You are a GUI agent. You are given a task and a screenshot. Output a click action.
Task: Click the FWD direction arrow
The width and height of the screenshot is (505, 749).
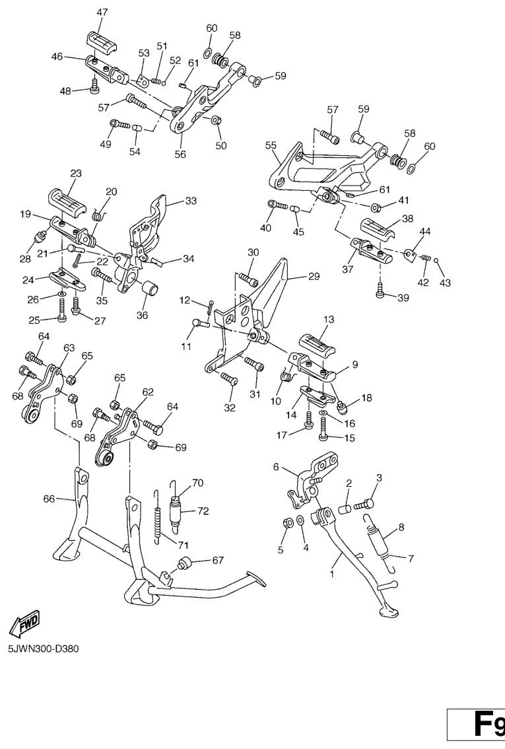pos(24,624)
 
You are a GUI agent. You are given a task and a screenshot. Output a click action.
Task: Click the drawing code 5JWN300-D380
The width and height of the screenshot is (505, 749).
pos(44,649)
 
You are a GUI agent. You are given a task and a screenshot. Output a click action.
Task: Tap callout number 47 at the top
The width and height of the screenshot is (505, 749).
pos(102,13)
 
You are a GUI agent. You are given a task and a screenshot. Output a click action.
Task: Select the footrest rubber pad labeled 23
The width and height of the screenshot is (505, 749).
pos(67,203)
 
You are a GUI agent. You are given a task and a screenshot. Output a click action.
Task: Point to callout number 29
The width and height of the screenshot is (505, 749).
pos(314,276)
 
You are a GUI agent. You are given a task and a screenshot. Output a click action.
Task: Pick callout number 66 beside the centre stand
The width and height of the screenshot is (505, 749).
pos(49,499)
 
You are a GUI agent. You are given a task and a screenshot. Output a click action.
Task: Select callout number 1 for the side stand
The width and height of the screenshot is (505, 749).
pos(332,574)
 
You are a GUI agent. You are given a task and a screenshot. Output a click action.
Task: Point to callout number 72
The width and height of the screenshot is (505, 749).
pos(203,511)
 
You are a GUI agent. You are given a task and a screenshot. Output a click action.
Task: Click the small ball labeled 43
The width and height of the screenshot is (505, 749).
pos(436,261)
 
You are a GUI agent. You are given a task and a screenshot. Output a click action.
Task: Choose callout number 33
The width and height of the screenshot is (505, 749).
pos(191,201)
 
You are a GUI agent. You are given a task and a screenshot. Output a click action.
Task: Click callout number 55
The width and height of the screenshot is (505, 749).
pos(271,145)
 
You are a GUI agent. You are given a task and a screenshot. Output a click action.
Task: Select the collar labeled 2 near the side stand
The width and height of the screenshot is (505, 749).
pos(345,508)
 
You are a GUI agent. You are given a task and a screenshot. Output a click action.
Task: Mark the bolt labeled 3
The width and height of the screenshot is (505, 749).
pos(364,503)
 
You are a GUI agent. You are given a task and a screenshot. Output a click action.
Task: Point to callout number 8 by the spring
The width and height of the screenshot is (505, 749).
pos(401,527)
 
